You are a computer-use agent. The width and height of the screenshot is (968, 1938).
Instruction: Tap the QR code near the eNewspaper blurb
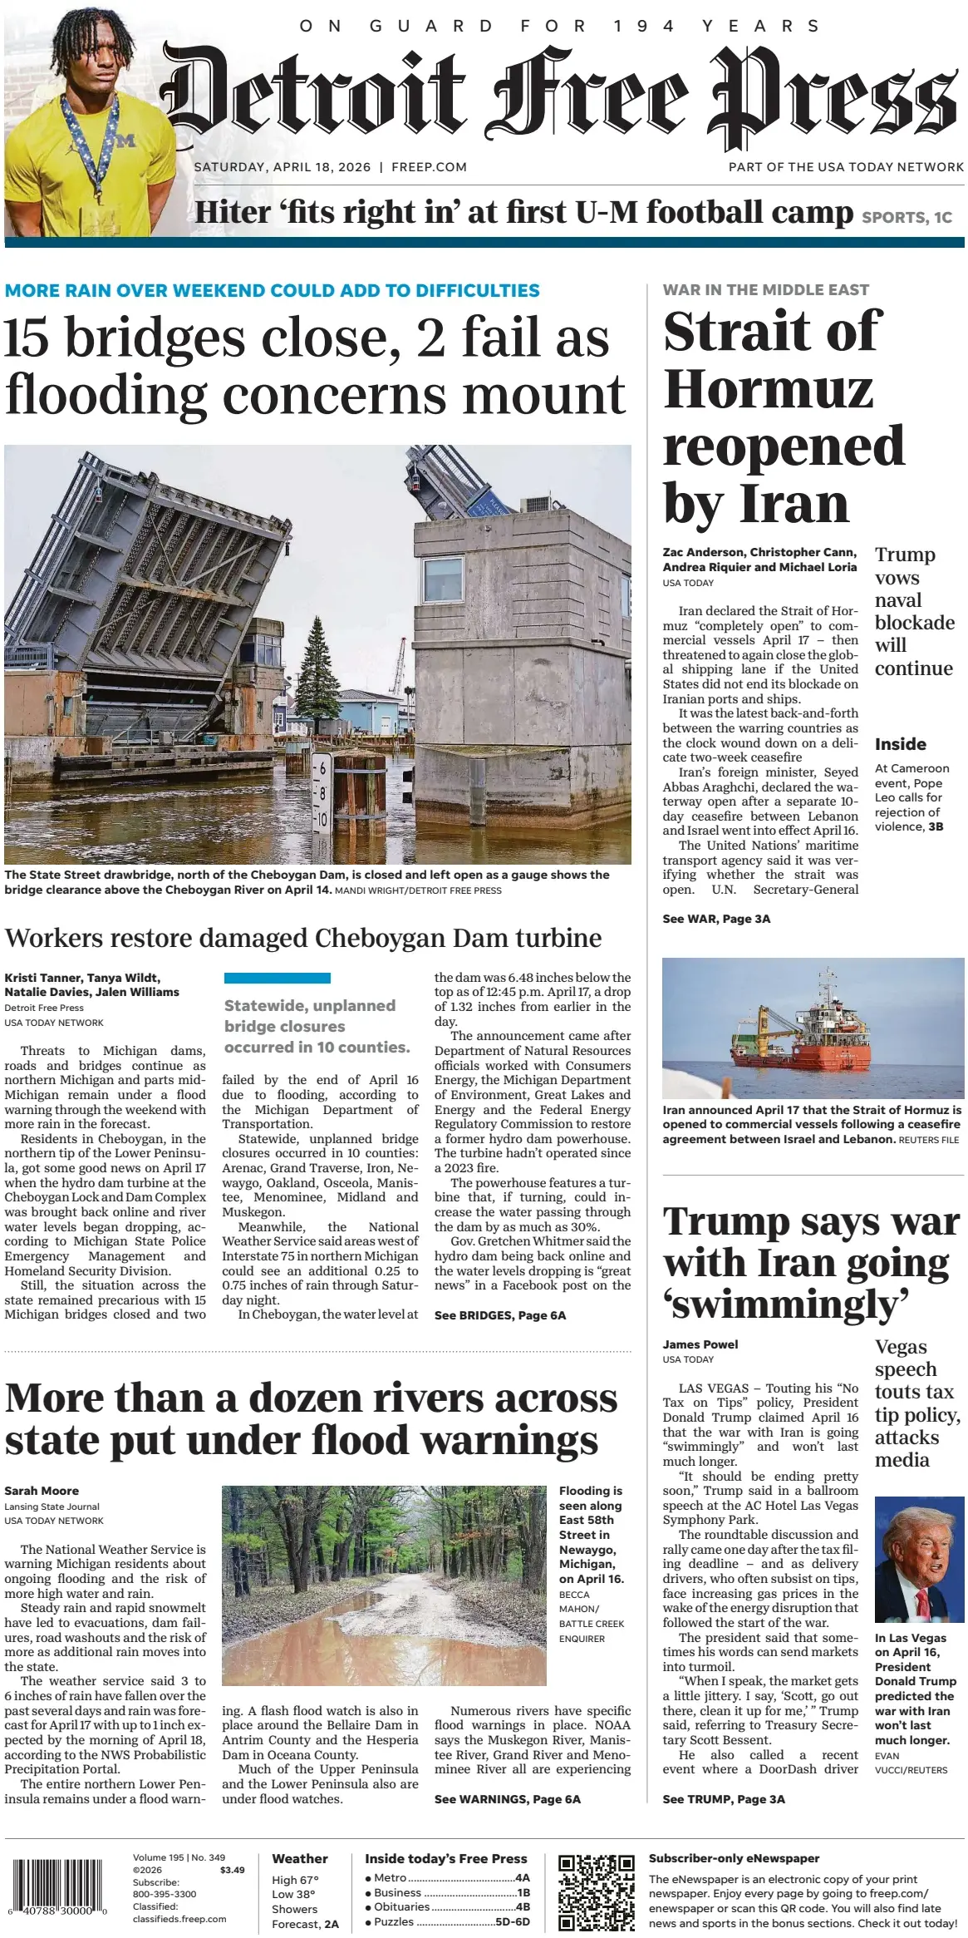click(x=596, y=1891)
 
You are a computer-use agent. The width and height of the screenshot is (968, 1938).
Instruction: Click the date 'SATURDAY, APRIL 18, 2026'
click(x=282, y=167)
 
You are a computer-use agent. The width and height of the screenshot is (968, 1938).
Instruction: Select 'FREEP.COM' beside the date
click(x=429, y=167)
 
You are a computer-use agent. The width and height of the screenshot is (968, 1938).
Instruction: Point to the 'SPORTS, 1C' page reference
click(x=907, y=218)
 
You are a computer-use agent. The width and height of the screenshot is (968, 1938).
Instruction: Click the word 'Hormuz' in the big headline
click(x=769, y=389)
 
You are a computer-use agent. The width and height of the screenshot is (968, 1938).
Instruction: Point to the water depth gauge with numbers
click(x=321, y=794)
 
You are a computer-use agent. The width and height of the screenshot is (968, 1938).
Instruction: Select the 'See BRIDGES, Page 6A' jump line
click(x=499, y=1315)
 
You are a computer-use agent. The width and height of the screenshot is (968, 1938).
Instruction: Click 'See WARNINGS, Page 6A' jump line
click(x=507, y=1799)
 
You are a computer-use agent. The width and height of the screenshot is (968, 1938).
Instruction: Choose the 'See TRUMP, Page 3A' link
click(x=723, y=1799)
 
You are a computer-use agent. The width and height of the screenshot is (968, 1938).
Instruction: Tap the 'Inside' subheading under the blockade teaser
click(x=900, y=744)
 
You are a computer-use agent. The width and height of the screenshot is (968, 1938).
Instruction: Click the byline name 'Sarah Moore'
click(x=42, y=1491)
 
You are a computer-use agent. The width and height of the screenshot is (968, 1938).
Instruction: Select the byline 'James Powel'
click(x=700, y=1344)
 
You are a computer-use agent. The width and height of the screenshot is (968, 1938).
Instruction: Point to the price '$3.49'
click(x=232, y=1870)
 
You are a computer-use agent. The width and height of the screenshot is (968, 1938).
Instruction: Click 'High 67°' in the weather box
click(x=295, y=1880)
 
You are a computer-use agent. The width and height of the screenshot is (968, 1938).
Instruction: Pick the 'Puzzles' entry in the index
click(x=393, y=1921)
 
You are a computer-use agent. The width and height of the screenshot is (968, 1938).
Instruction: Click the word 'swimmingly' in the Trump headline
click(x=786, y=1304)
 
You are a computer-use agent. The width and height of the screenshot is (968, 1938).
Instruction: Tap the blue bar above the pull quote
click(x=277, y=978)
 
